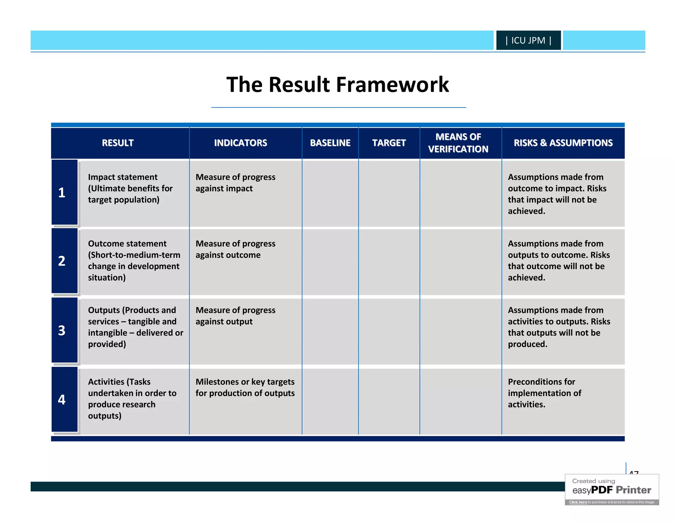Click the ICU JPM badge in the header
click(x=528, y=41)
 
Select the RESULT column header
click(x=118, y=143)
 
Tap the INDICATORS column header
click(x=240, y=143)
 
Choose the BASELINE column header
click(x=330, y=143)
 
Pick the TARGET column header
click(x=389, y=143)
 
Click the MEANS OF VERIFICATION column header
click(x=458, y=143)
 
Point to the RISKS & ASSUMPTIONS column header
click(x=563, y=143)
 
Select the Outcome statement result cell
click(x=134, y=261)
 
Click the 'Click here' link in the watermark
click(x=578, y=502)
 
